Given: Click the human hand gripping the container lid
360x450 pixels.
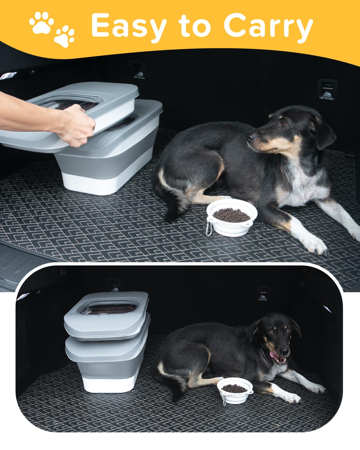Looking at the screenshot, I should [x=75, y=126].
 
